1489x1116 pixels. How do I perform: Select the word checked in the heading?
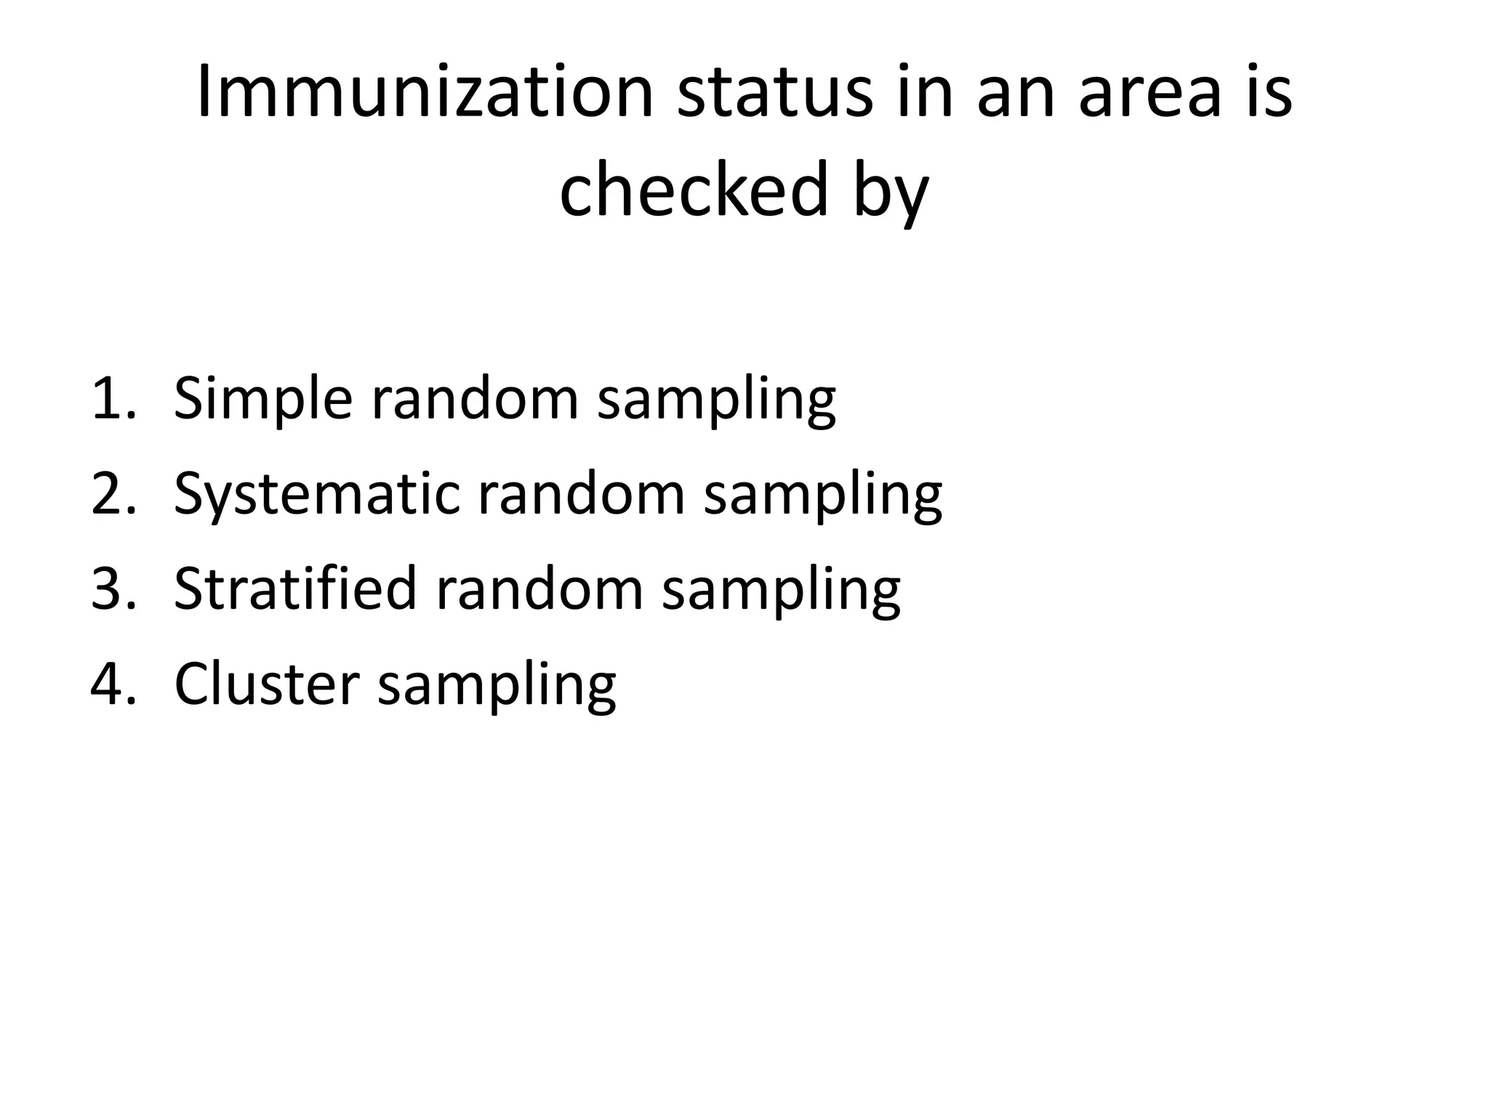(694, 190)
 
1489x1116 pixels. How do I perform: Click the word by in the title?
(891, 193)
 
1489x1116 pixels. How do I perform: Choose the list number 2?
(113, 493)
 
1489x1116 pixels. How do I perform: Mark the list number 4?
(113, 684)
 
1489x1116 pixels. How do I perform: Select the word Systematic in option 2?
(317, 495)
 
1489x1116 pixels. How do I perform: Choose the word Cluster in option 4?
(267, 684)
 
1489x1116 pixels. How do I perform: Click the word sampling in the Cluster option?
(497, 687)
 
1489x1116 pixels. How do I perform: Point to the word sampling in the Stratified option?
(781, 591)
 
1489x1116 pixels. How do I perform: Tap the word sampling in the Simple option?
(716, 401)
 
